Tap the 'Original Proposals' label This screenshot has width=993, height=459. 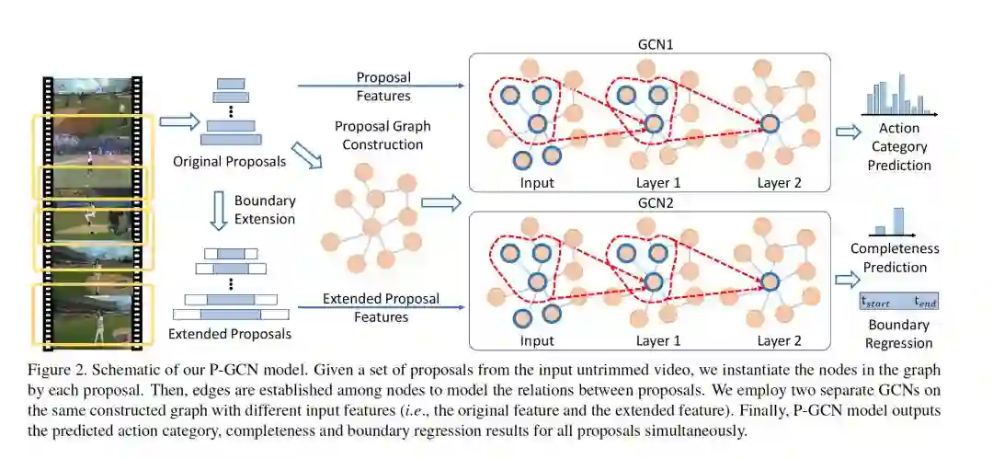point(229,162)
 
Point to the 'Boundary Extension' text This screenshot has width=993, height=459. point(265,210)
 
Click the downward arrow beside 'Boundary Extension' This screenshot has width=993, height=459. point(218,210)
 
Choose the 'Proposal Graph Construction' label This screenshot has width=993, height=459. point(382,135)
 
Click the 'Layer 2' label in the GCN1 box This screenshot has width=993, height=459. point(779,182)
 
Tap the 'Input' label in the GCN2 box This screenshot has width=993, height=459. point(537,340)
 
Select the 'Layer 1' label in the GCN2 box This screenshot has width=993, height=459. point(658,340)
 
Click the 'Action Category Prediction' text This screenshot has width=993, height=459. point(898,146)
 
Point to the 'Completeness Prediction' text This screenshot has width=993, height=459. point(895,258)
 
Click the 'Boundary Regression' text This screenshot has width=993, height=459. point(898,334)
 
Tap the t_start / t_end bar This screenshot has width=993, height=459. point(898,301)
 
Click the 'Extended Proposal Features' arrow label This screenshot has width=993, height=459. point(382,307)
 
